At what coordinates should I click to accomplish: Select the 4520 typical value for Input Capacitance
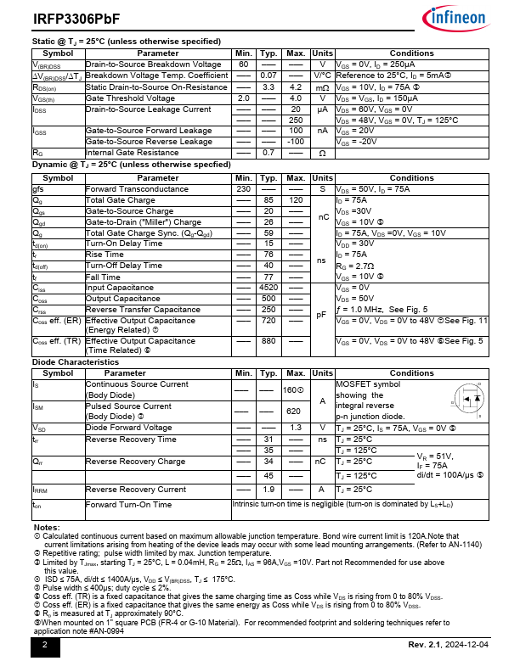coord(268,288)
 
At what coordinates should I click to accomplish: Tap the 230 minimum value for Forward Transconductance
coord(244,189)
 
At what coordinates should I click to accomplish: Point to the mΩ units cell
coord(322,87)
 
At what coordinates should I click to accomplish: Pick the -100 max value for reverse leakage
coord(296,142)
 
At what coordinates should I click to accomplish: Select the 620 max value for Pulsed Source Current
coord(296,411)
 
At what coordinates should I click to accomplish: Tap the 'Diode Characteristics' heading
coord(76,361)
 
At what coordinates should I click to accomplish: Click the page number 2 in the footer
coord(45,645)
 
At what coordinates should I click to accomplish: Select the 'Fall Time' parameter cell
coord(103,277)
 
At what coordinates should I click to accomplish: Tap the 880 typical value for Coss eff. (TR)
coord(268,341)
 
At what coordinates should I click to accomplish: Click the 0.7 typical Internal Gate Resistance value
coord(268,153)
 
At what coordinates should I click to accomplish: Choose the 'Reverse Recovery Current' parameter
coord(135,490)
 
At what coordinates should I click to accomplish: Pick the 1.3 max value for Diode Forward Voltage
coord(296,428)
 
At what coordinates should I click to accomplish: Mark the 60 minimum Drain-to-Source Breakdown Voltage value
coord(244,65)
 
